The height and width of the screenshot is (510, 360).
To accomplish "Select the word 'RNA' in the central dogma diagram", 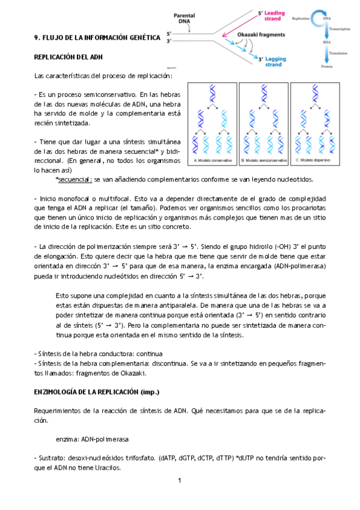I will (x=326, y=43).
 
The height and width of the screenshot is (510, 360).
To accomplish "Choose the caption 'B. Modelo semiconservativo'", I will (x=263, y=161).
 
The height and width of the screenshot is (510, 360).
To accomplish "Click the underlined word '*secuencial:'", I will (x=73, y=179).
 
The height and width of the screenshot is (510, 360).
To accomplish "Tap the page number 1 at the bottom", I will (x=180, y=481).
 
